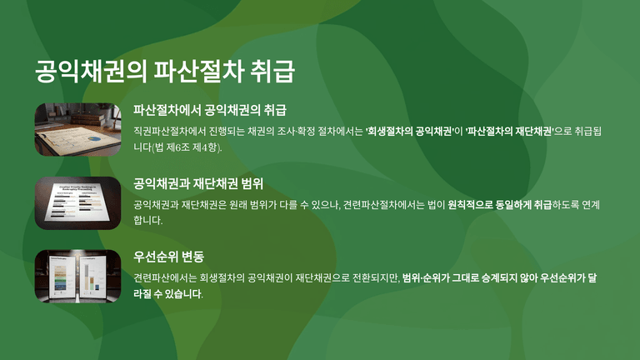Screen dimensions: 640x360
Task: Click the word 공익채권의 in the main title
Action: (91, 72)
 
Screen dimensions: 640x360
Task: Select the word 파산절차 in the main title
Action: (199, 72)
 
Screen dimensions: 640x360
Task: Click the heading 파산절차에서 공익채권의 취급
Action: (210, 110)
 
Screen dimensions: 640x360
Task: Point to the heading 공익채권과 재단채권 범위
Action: (198, 183)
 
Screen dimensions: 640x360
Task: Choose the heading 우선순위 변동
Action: (168, 257)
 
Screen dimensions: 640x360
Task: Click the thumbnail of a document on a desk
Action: (78, 129)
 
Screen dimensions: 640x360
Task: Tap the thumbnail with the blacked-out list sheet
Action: (78, 202)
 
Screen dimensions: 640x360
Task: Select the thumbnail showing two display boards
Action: (78, 277)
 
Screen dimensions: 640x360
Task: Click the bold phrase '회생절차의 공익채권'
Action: (410, 132)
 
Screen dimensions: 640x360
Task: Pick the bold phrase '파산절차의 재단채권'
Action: (509, 132)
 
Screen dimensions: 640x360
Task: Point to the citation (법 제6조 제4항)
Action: (187, 147)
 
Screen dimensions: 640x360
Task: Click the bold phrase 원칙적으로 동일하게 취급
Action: (500, 204)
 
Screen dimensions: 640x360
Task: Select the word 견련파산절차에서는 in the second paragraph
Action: (383, 204)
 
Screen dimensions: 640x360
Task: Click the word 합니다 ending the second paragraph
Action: (147, 220)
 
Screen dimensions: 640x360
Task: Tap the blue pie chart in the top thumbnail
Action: (94, 139)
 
